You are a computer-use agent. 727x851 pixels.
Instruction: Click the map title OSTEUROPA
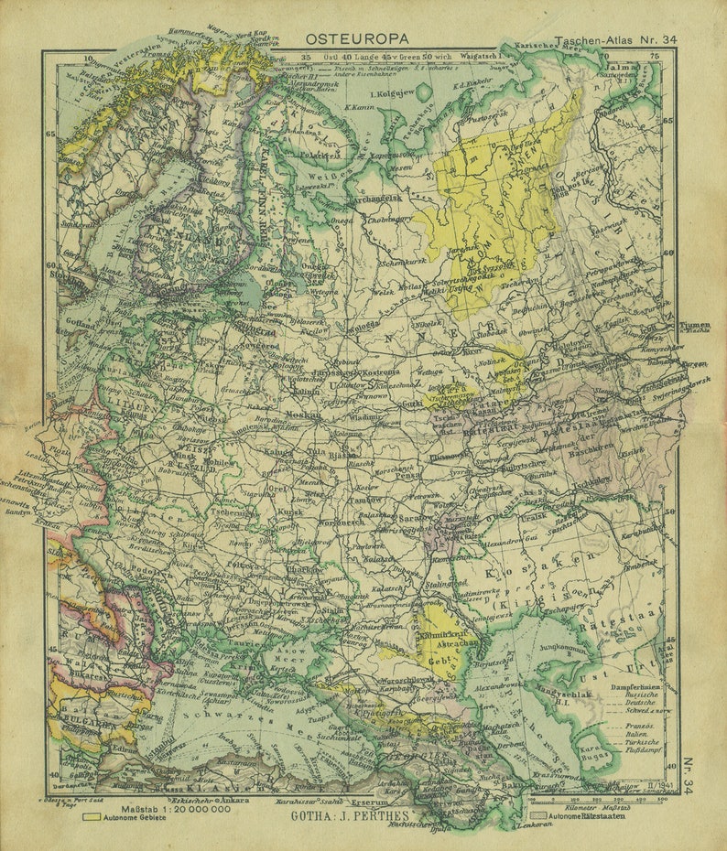[x=357, y=38]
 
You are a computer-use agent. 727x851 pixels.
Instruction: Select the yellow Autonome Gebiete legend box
[x=92, y=817]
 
